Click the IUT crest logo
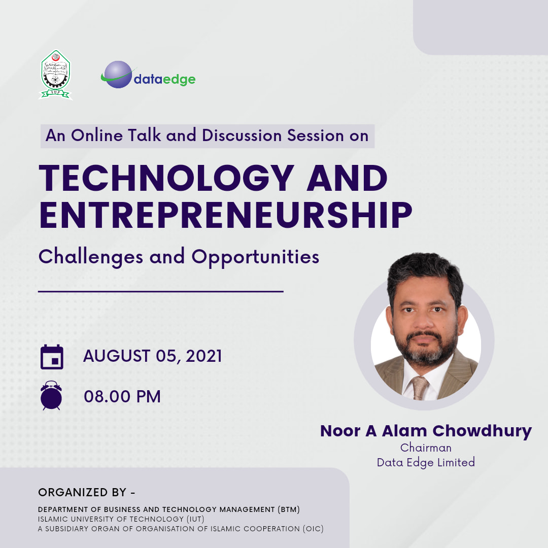55,75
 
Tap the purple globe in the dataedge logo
118,75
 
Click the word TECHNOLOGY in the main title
166,178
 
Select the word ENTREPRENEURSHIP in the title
226,215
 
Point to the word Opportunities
255,258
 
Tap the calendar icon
52,357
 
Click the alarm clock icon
51,395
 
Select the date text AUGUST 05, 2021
152,356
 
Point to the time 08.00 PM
122,396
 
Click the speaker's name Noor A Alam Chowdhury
426,431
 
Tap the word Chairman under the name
426,448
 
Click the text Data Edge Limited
426,462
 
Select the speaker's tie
420,388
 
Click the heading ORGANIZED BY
86,492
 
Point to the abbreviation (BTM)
289,509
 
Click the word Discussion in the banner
242,135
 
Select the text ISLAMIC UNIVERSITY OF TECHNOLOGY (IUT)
121,519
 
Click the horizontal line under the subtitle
161,291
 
